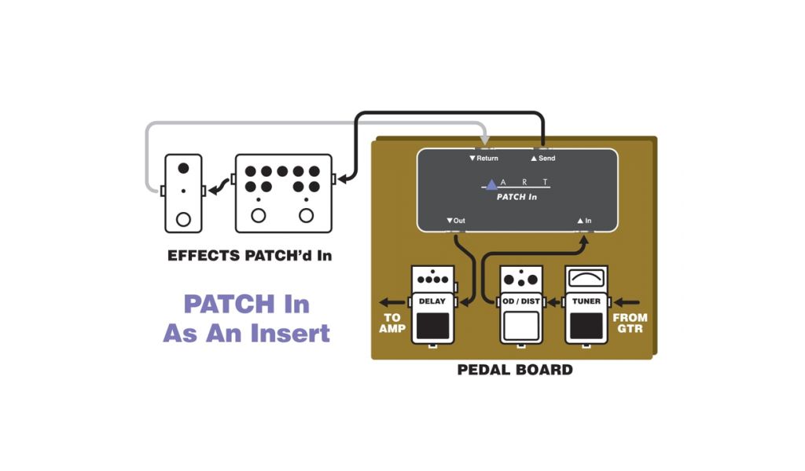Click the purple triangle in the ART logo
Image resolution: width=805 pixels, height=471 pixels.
(x=492, y=184)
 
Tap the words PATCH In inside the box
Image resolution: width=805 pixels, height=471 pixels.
(x=516, y=197)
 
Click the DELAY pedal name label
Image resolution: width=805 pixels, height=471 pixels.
(x=432, y=301)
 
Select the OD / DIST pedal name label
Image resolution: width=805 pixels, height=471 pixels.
(x=521, y=301)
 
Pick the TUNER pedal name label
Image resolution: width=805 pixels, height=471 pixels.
(x=586, y=301)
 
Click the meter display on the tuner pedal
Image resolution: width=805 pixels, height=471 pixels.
(x=586, y=278)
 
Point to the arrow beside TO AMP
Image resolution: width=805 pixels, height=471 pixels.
(x=388, y=301)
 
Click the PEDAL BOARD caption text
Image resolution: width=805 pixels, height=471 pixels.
(x=515, y=369)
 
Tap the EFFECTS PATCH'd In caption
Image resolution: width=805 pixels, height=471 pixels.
(x=249, y=256)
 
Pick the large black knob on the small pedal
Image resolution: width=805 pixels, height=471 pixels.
(x=184, y=168)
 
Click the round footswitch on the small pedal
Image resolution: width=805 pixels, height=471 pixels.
(x=184, y=219)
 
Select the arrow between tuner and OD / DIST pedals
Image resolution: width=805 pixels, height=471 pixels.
(x=553, y=301)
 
